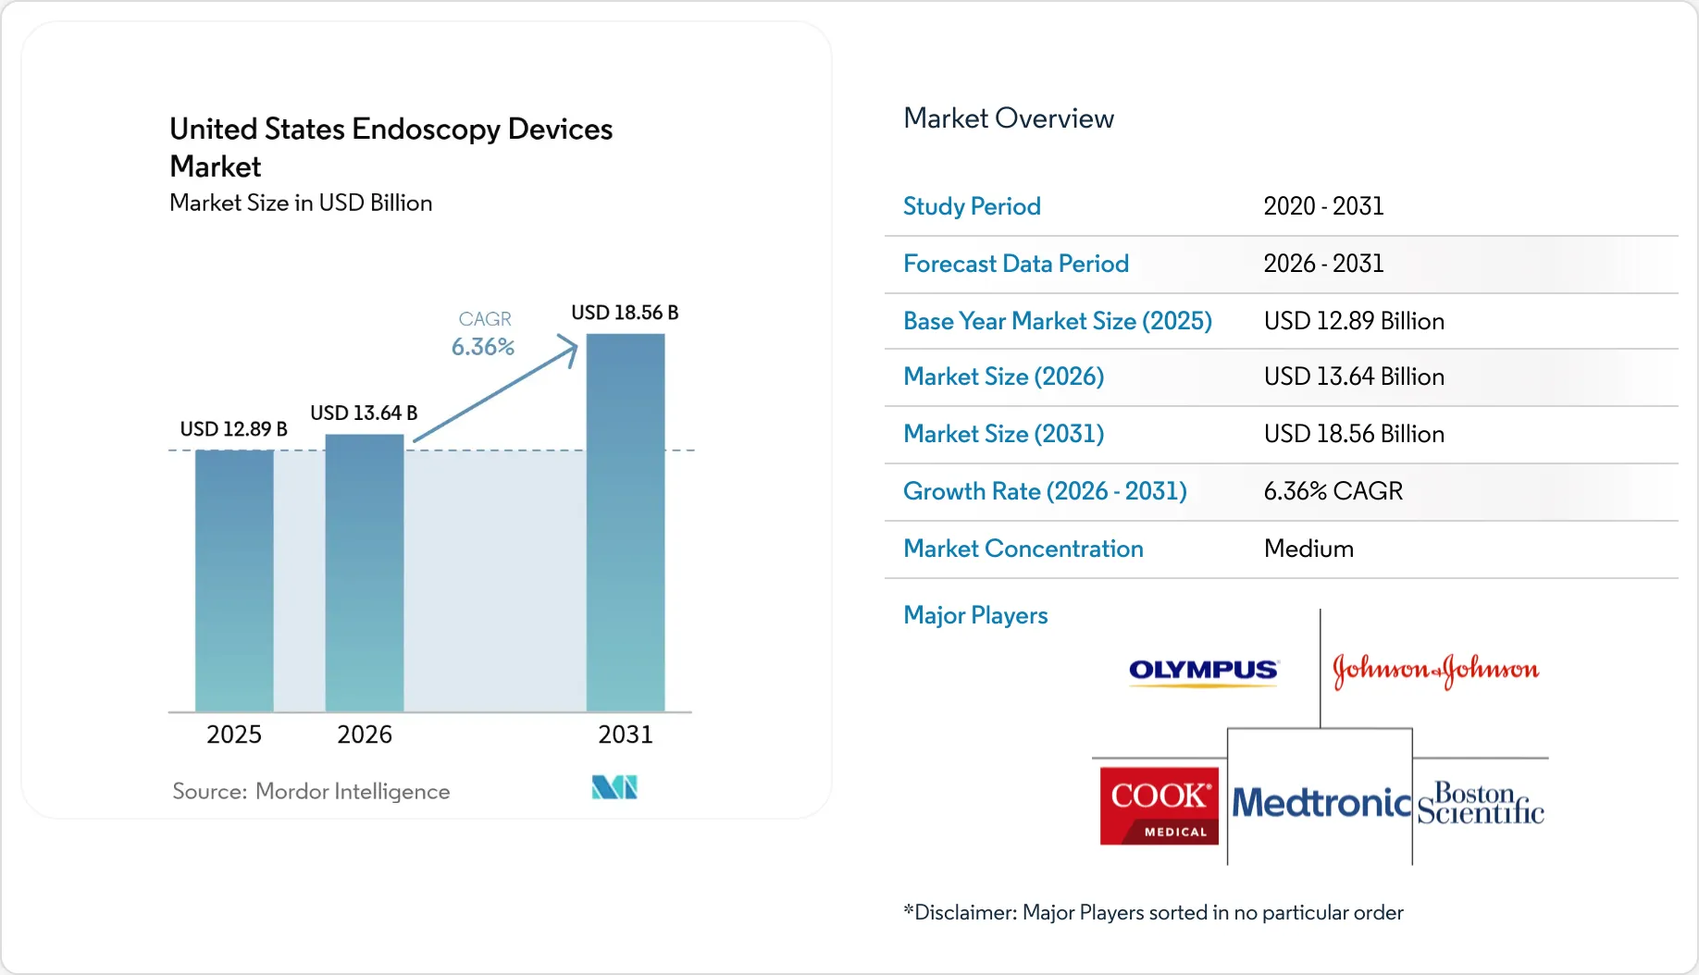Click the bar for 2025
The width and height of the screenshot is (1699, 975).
(234, 581)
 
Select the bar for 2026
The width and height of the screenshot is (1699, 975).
(365, 573)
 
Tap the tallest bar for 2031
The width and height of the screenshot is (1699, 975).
(626, 523)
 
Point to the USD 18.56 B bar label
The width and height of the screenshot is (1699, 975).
(625, 313)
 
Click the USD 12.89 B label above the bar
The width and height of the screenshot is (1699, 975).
(233, 429)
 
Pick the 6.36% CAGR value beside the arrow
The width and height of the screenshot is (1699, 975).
(483, 347)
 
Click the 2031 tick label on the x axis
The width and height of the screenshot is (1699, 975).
(626, 734)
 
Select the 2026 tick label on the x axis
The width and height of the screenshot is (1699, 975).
(365, 734)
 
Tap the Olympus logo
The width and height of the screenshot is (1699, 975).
(1204, 671)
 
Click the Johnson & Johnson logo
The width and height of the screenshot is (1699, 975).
(1435, 670)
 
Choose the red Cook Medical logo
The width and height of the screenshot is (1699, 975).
(1160, 806)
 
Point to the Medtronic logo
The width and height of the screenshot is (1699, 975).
(1321, 803)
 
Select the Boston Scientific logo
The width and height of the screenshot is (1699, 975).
(1481, 803)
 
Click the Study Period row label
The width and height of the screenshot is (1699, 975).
(972, 206)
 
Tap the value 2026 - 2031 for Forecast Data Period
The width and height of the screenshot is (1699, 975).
(1323, 264)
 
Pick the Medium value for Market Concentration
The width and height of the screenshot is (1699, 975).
(1308, 549)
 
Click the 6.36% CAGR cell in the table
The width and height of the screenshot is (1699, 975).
(1333, 491)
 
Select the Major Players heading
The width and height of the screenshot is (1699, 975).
(975, 615)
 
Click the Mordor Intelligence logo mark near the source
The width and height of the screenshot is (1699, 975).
(614, 787)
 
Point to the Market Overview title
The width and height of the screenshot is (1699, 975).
(1009, 118)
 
